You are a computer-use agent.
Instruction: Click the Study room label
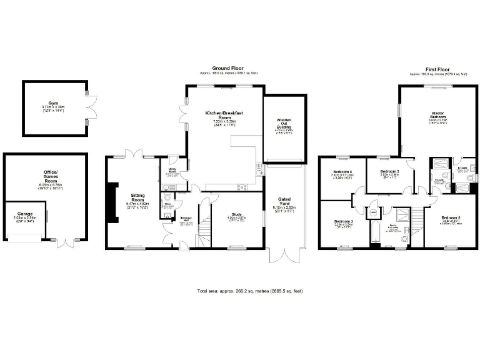tap(237, 216)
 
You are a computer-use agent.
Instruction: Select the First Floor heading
tap(439, 68)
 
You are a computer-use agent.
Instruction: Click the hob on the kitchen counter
tap(241, 186)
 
